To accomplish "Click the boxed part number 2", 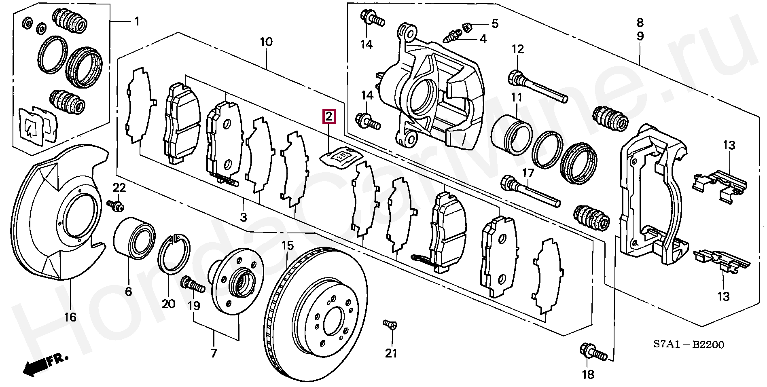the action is pyautogui.click(x=328, y=116).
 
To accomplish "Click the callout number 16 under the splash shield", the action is pyautogui.click(x=70, y=317).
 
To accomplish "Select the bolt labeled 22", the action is pyautogui.click(x=116, y=205).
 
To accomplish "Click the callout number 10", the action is pyautogui.click(x=266, y=41).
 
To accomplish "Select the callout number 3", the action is pyautogui.click(x=243, y=217).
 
